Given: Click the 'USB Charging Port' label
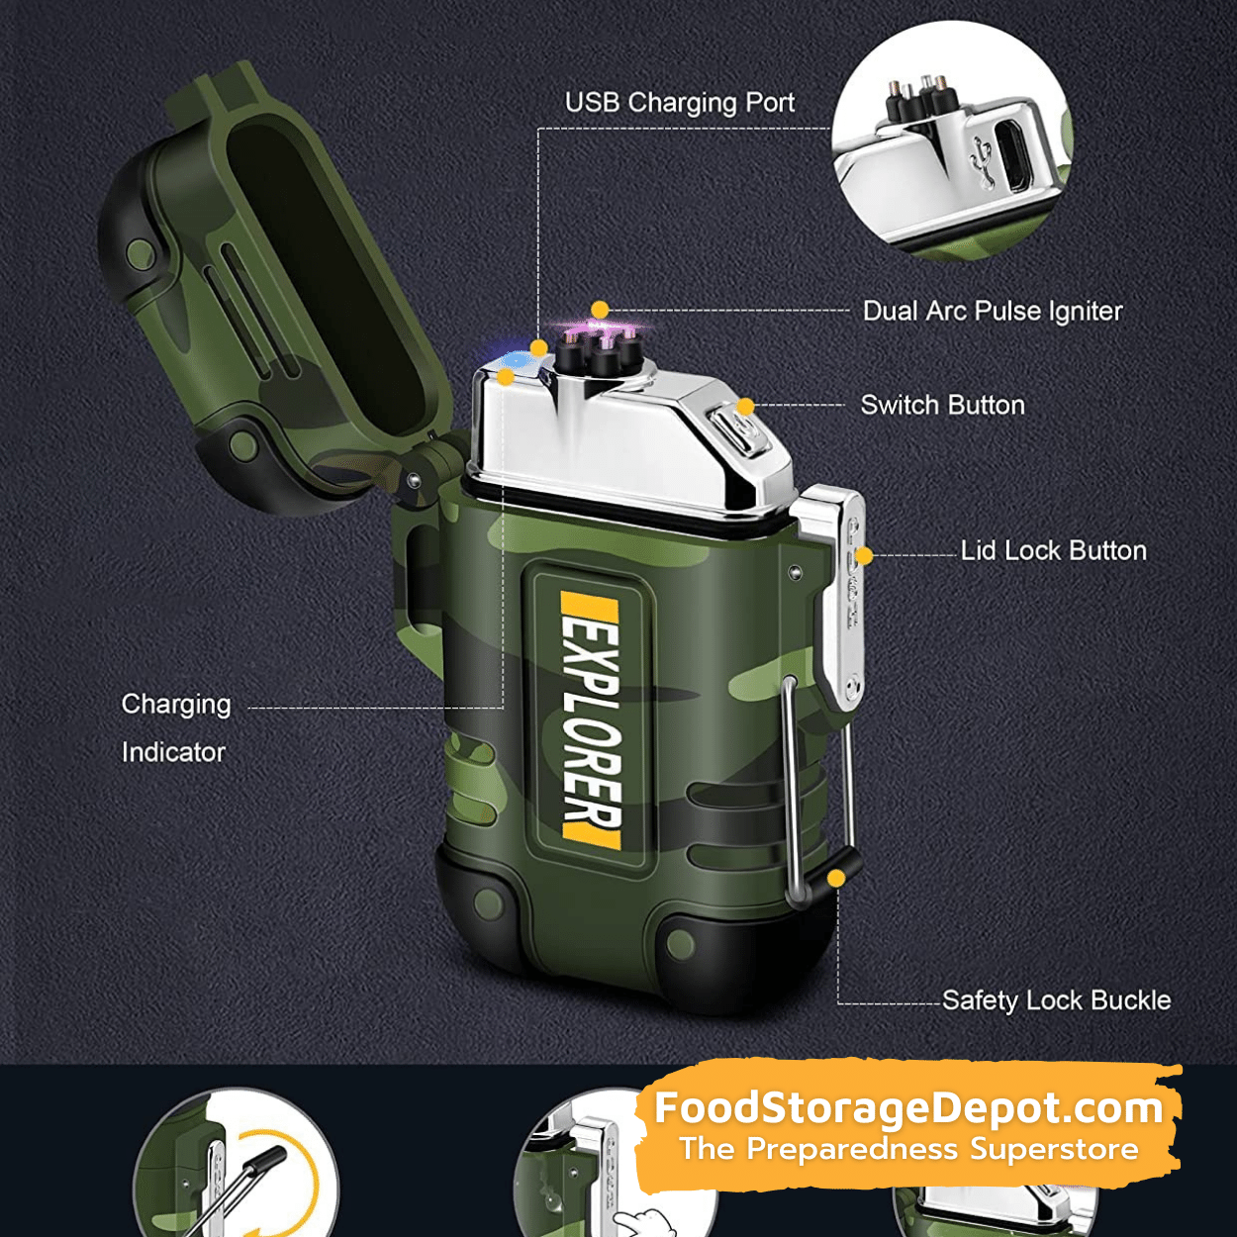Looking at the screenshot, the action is click(x=679, y=103).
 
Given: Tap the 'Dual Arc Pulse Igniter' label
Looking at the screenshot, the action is click(x=993, y=312).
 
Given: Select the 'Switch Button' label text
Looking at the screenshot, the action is click(x=942, y=405).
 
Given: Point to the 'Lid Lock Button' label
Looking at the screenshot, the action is click(x=1053, y=551).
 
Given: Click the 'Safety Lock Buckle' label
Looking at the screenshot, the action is click(x=1057, y=1000).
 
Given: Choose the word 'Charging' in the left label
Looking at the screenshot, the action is click(x=176, y=705).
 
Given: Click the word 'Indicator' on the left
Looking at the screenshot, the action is click(x=173, y=752).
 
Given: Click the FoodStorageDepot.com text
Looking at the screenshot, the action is click(x=908, y=1108).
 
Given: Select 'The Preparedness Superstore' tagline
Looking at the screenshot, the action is click(x=909, y=1149).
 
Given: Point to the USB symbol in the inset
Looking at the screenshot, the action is click(x=981, y=160).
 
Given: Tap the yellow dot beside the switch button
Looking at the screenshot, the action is click(x=745, y=406).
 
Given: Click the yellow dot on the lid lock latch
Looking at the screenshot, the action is click(x=864, y=556).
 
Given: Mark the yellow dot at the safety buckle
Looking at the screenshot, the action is click(x=836, y=878).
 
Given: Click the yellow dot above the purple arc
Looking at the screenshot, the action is click(x=600, y=310).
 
